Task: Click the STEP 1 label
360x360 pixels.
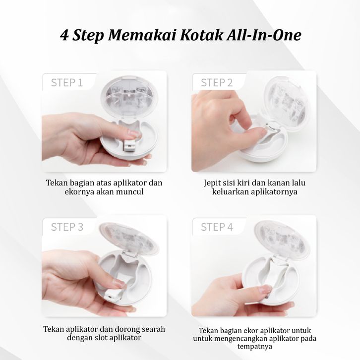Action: point(67,83)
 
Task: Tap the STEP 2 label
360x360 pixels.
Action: point(217,83)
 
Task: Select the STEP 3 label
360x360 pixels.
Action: point(67,227)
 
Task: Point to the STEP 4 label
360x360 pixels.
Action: point(217,227)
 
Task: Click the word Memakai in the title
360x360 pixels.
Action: point(142,35)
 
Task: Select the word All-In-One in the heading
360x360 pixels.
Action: point(264,35)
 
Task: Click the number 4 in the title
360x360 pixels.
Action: point(64,36)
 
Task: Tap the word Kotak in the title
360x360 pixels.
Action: point(201,35)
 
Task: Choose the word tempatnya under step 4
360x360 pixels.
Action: point(254,347)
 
